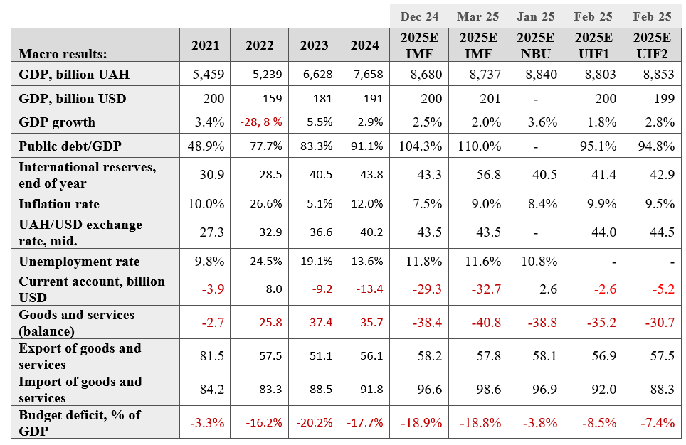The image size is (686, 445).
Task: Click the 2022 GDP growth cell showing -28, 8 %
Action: pyautogui.click(x=260, y=122)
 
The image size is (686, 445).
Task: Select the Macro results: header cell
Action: pyautogui.click(x=63, y=54)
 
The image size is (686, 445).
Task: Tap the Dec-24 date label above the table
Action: pyautogui.click(x=419, y=16)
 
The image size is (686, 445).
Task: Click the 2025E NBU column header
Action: pyautogui.click(x=536, y=45)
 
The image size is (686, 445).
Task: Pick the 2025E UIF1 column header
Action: pyautogui.click(x=593, y=45)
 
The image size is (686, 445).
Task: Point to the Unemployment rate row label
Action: pyautogui.click(x=79, y=262)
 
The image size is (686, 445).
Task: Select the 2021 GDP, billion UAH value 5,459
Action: pyautogui.click(x=209, y=75)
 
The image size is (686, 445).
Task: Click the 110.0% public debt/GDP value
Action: pyautogui.click(x=479, y=146)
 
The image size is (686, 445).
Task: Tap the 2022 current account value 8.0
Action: pyautogui.click(x=273, y=289)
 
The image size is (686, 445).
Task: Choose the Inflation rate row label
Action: pyautogui.click(x=59, y=204)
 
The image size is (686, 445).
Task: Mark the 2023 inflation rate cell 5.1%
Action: pyautogui.click(x=320, y=204)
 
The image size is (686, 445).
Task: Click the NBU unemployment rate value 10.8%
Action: pyautogui.click(x=539, y=262)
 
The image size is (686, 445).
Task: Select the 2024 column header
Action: pyautogui.click(x=364, y=45)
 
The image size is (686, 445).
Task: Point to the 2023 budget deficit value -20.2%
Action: pyautogui.click(x=315, y=423)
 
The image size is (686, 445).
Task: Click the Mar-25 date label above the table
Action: pyautogui.click(x=477, y=16)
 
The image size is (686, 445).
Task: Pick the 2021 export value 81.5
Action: pyautogui.click(x=212, y=356)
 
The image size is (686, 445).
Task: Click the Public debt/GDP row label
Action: pyautogui.click(x=70, y=146)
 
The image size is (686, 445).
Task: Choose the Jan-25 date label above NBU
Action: pyautogui.click(x=536, y=16)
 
